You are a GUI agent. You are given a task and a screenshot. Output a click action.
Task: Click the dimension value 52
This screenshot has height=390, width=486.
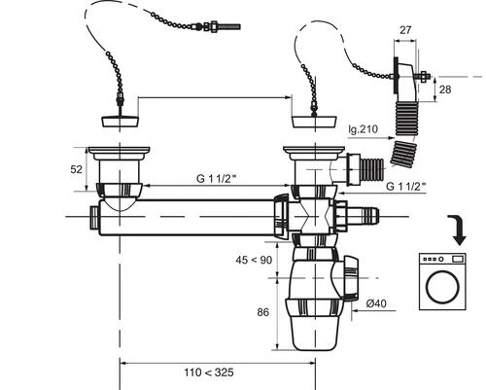coord(76,169)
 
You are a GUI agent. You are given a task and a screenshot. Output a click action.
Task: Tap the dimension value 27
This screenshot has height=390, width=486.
coord(405,30)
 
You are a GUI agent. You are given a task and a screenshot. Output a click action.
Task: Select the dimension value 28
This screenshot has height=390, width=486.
coord(445,89)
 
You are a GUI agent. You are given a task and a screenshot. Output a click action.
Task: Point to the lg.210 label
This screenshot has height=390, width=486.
coord(364,129)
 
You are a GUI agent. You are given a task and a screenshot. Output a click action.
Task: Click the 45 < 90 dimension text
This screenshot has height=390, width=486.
coord(254,260)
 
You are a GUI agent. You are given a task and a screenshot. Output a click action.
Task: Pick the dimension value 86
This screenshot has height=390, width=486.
coord(263,312)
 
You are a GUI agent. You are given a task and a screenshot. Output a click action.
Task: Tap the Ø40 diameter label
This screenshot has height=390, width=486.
coord(376,303)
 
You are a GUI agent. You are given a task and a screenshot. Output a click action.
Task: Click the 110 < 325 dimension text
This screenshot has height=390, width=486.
coord(209,372)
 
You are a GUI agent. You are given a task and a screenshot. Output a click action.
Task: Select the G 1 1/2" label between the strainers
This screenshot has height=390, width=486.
coord(216,178)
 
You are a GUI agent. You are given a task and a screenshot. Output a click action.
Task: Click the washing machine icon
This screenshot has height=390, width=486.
coord(442,282)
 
